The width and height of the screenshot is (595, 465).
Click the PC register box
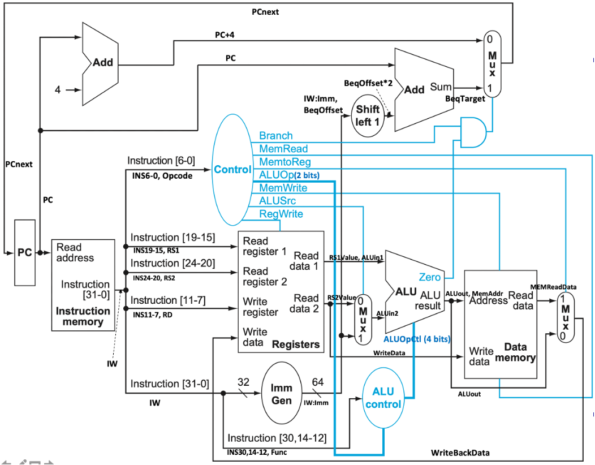pos(25,252)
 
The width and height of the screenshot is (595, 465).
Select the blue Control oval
pos(232,170)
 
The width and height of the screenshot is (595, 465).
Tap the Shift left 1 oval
pos(368,115)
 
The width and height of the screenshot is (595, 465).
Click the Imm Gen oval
pos(281,394)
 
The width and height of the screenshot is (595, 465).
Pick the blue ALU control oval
pos(383,398)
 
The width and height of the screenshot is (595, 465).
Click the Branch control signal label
pos(276,136)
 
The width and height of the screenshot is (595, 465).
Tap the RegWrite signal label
pos(281,214)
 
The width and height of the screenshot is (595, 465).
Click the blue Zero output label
pos(429,277)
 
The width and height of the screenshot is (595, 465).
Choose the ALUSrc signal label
pos(277,201)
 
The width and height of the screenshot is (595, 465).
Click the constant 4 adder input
pos(58,89)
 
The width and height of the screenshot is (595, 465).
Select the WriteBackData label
pos(460,453)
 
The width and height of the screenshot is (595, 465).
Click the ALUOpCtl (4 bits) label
pos(417,339)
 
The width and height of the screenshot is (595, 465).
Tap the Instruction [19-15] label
pos(173,238)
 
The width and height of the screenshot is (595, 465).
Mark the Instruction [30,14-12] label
pos(277,438)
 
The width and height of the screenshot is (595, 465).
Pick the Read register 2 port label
pos(265,276)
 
